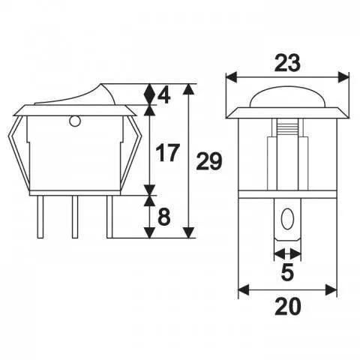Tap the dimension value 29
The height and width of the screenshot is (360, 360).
(209, 161)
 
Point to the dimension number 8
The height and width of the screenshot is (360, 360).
(165, 217)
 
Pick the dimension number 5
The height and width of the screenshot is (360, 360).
(286, 272)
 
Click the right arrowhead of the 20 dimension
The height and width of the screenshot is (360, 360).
(331, 291)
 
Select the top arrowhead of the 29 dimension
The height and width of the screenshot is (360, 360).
(188, 88)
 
